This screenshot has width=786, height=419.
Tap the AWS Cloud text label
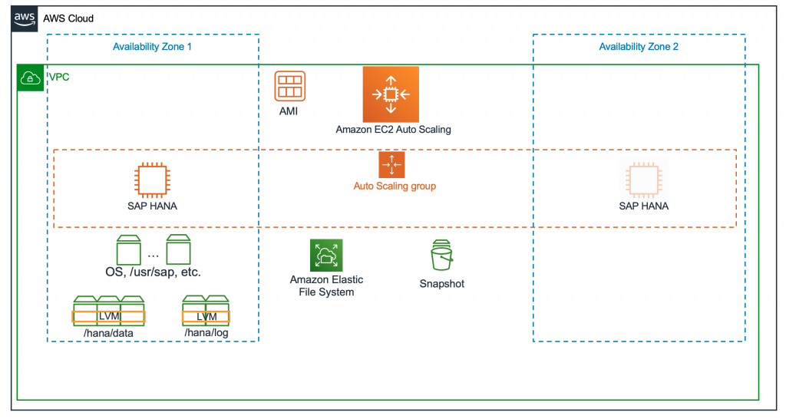[68, 18]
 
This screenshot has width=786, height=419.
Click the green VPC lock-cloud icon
[30, 78]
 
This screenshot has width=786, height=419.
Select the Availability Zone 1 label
[152, 47]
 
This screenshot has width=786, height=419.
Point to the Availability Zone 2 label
[639, 47]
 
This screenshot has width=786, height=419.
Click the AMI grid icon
[289, 87]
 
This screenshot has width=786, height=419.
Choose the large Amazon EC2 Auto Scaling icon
[391, 94]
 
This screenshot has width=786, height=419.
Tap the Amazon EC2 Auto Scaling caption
[393, 130]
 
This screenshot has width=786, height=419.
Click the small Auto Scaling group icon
[391, 165]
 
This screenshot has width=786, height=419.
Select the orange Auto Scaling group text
[395, 186]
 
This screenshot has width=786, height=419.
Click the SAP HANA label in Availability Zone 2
[643, 206]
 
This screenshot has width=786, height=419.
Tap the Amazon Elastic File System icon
[326, 255]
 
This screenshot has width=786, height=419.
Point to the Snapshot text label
[441, 284]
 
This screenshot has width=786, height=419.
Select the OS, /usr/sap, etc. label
[153, 272]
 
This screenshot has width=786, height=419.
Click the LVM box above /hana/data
[109, 316]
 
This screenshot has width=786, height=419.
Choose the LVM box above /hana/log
[206, 316]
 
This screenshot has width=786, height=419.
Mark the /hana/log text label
[206, 333]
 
